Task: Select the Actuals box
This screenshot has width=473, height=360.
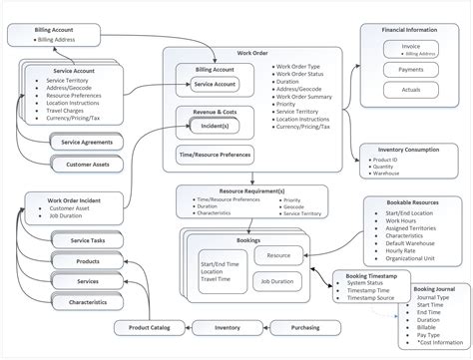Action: [411, 91]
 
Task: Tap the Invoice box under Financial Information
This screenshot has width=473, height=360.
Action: [411, 49]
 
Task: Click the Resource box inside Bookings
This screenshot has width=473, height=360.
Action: [279, 255]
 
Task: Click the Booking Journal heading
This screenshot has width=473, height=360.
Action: [432, 289]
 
